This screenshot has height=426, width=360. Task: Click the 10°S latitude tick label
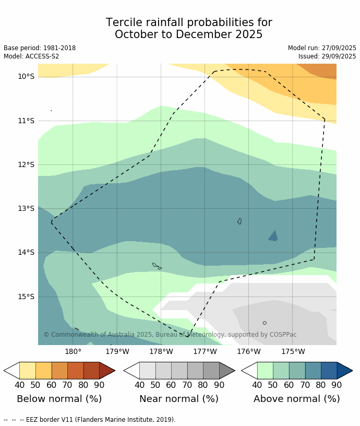[x=26, y=77]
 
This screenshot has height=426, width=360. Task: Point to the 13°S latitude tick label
[x=26, y=209]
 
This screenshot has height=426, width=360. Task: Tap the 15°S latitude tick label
[x=26, y=297]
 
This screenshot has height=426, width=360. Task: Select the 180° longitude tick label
[x=73, y=351]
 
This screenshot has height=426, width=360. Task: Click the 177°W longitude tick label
[x=205, y=351]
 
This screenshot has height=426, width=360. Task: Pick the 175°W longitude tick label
[x=293, y=351]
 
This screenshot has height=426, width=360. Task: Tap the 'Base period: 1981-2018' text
[x=40, y=48]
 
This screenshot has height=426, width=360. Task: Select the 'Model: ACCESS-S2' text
[x=31, y=56]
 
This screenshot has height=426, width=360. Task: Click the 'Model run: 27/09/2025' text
[x=322, y=48]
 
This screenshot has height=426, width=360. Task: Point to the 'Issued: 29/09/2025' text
[x=327, y=56]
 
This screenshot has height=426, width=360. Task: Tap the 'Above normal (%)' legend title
[x=296, y=399]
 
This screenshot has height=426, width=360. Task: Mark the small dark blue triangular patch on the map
[x=273, y=236]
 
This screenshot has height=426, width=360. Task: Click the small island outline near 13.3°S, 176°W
[x=239, y=221]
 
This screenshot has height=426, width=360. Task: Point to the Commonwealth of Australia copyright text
[x=170, y=335]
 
